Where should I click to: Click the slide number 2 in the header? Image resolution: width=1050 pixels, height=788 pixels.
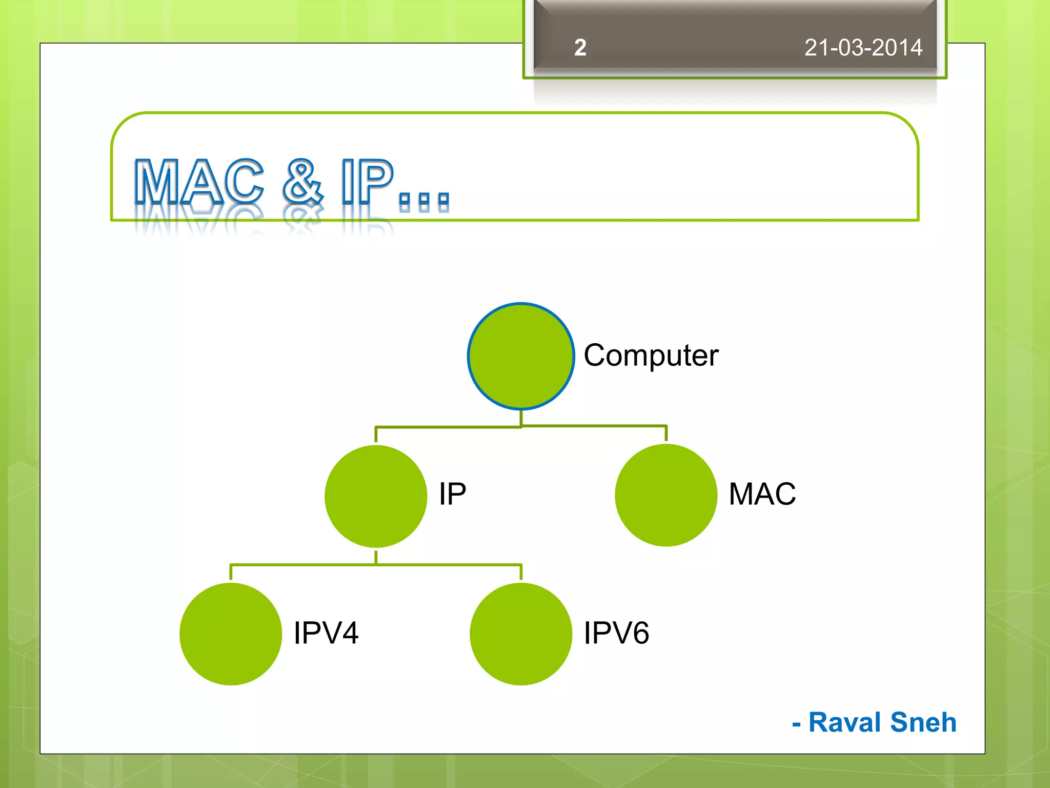[580, 48]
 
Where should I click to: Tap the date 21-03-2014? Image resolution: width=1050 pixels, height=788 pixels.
[863, 48]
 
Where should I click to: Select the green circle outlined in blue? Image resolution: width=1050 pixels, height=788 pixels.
[520, 356]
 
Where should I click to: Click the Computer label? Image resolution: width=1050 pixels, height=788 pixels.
[651, 355]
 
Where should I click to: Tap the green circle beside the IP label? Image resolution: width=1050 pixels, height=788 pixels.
[376, 496]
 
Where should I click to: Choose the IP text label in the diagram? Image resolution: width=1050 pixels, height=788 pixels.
[452, 494]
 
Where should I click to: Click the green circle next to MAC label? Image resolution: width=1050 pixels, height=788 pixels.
[665, 495]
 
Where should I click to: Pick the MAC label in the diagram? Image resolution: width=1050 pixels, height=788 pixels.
[762, 494]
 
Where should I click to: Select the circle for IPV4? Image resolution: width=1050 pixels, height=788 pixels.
[231, 634]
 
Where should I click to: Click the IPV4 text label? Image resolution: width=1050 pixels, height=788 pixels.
[326, 633]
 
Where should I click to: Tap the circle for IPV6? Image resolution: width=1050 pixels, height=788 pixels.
[520, 634]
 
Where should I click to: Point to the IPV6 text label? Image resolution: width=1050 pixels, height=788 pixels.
[616, 633]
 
